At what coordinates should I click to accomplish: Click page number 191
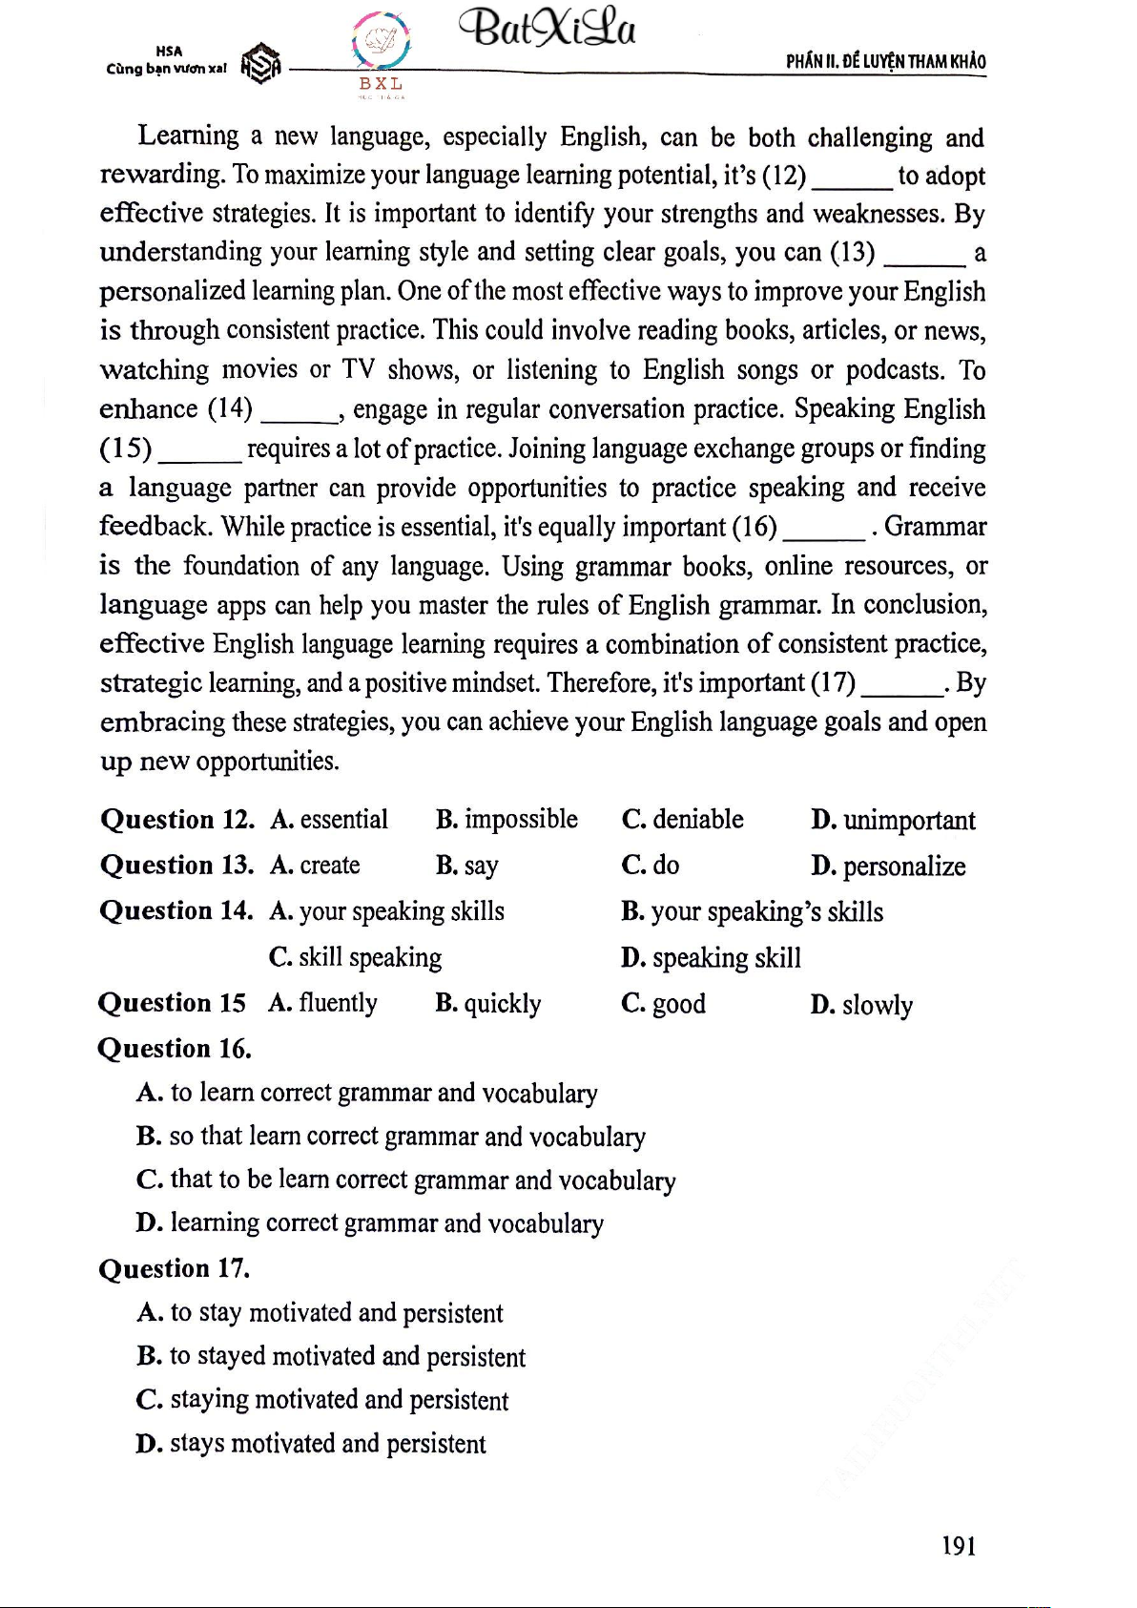click(x=959, y=1546)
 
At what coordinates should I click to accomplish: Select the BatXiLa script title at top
click(x=548, y=30)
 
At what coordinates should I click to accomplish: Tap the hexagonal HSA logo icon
click(x=260, y=65)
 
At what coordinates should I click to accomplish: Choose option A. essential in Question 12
click(x=329, y=820)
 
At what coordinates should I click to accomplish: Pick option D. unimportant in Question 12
click(x=893, y=821)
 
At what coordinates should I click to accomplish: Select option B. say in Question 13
click(x=467, y=866)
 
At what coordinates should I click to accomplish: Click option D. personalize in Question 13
click(x=888, y=867)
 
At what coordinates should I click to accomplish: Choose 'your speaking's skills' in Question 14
click(x=752, y=912)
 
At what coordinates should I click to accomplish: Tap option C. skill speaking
click(x=355, y=957)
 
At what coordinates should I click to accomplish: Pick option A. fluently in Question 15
click(x=323, y=1003)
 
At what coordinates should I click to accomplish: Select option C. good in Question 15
click(x=663, y=1004)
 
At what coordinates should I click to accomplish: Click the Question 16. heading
click(x=175, y=1049)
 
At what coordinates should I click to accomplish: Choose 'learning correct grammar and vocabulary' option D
click(x=370, y=1223)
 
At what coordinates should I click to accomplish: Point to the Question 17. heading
click(x=174, y=1269)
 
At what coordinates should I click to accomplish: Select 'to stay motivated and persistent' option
click(x=320, y=1313)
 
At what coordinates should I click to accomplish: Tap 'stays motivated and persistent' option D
click(x=311, y=1444)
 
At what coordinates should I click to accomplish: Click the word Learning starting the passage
click(x=188, y=136)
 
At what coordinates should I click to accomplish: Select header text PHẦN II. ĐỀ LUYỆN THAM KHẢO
click(x=885, y=62)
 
